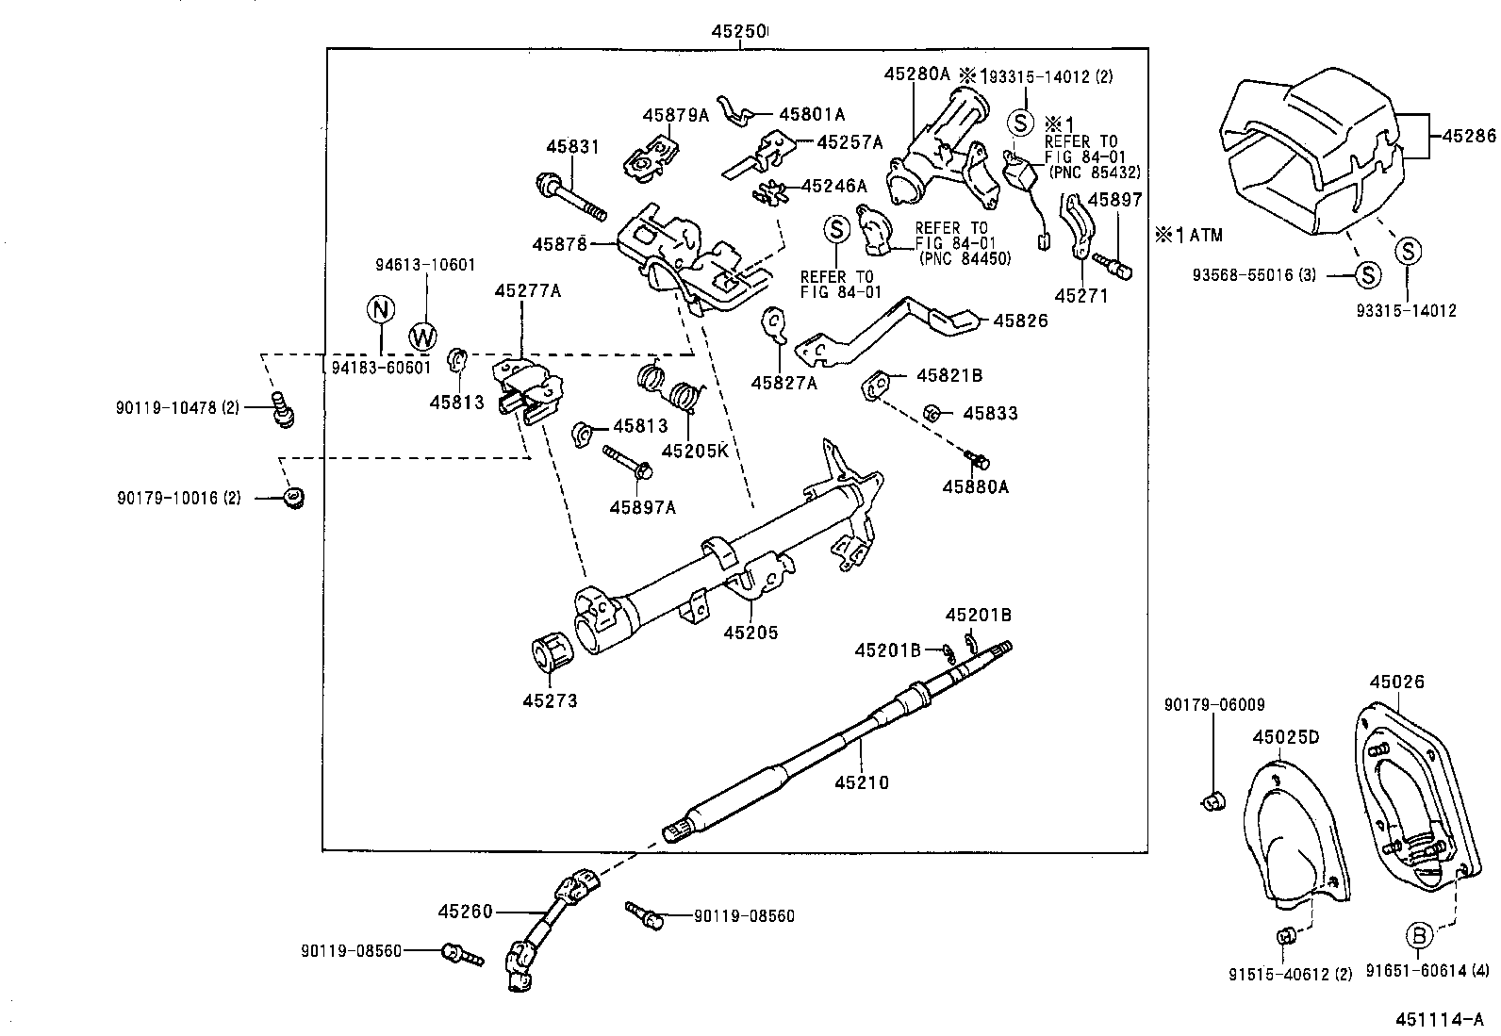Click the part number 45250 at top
coord(738,31)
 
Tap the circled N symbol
coord(378,309)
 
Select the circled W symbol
coord(423,335)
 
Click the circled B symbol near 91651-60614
coord(1420,935)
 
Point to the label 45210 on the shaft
coord(862,782)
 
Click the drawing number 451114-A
coord(1440,1019)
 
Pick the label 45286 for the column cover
coord(1468,136)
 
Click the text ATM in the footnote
coord(1205,235)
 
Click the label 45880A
coord(975,486)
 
